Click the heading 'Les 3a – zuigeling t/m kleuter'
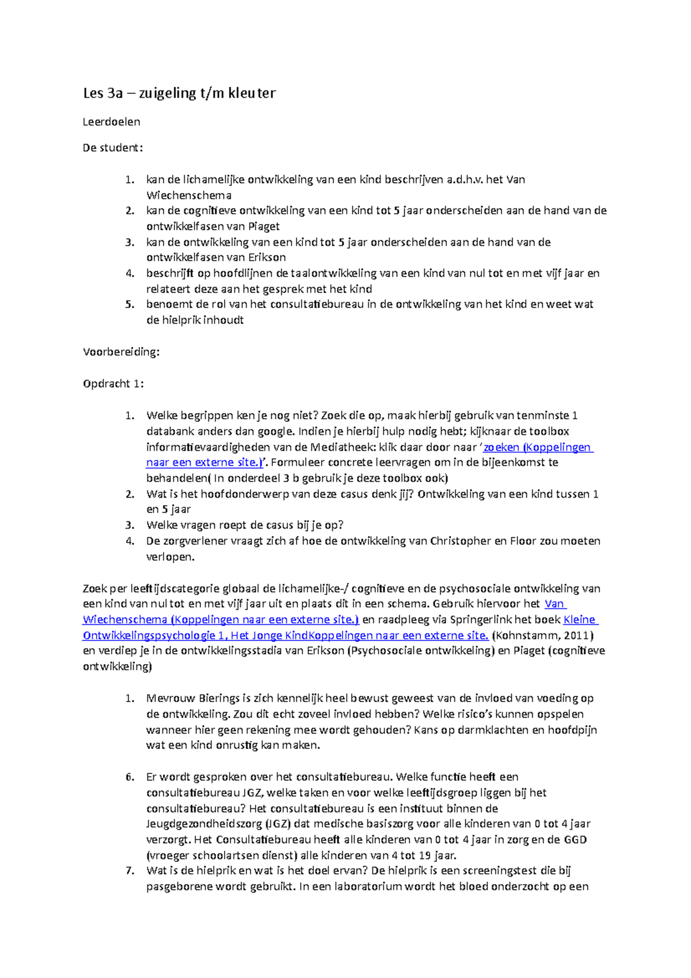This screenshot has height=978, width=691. pos(179,93)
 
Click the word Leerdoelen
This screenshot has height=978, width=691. pos(111,122)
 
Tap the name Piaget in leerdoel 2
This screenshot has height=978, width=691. pos(264,226)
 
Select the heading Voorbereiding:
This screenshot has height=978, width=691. pos(121,352)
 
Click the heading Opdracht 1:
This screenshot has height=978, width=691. pos(113,384)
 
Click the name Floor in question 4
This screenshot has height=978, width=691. pos(523,541)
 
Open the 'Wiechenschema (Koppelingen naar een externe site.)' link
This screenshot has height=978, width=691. pos(221,620)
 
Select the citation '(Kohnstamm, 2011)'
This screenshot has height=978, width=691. pos(542,636)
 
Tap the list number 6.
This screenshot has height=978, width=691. pos(130,777)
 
